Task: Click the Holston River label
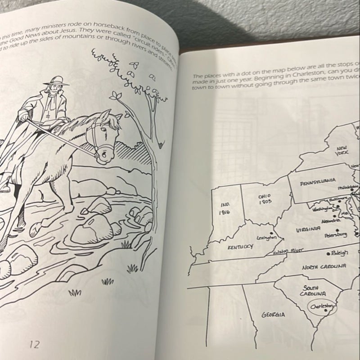point(289,252)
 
